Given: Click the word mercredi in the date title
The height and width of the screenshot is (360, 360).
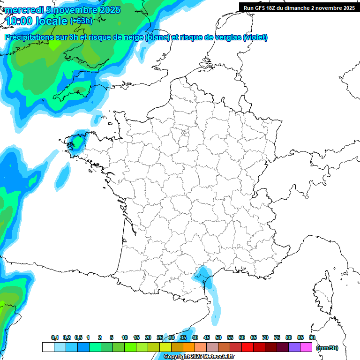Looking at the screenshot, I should click(21, 10).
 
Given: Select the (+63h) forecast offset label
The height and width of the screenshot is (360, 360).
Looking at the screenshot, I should click(81, 21).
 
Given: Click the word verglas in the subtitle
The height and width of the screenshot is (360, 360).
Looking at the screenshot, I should click(225, 37).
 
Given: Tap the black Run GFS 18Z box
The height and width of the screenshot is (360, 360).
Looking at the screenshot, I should click(299, 7).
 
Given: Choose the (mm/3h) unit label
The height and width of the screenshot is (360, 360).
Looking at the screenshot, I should click(327, 347).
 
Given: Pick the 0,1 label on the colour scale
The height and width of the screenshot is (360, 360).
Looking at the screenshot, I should click(54, 337).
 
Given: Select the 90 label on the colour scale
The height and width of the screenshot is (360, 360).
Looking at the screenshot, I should click(312, 337).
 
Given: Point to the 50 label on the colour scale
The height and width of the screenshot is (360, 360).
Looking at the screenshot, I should click(218, 337).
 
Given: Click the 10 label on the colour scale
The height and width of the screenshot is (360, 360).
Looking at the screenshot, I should click(125, 337).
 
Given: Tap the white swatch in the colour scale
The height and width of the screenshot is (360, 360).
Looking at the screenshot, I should click(48, 347).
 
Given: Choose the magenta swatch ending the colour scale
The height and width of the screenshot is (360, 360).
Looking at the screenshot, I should click(306, 347).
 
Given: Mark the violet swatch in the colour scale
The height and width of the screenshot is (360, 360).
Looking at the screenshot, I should click(294, 347).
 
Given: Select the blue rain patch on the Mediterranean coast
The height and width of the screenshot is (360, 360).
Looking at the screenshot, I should click(204, 274).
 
